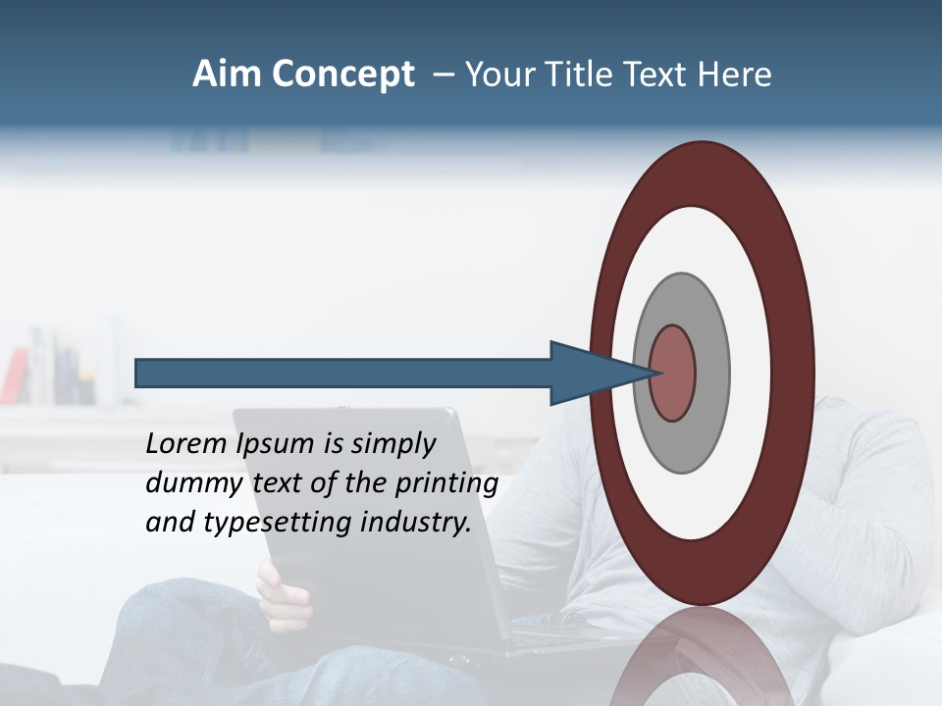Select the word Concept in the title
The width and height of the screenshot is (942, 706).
tap(342, 75)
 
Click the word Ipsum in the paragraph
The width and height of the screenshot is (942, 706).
tap(275, 444)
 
